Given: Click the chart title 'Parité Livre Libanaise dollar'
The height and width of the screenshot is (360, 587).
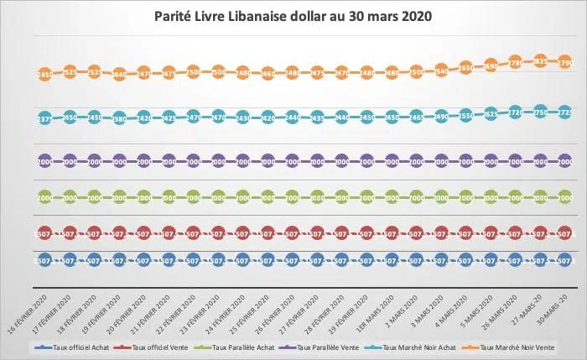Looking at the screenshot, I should click(293, 17).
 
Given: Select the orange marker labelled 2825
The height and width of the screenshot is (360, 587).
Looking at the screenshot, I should click(540, 61).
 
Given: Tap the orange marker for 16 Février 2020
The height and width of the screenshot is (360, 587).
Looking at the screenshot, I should click(44, 75).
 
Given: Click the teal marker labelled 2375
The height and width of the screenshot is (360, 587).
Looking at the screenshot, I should click(44, 119).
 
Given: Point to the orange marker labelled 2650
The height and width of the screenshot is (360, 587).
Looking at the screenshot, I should click(466, 67).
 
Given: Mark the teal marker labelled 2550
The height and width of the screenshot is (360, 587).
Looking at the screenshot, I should click(466, 115).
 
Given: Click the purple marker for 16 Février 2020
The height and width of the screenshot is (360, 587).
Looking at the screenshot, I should click(44, 159).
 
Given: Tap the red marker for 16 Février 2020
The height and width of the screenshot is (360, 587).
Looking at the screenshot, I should click(44, 234).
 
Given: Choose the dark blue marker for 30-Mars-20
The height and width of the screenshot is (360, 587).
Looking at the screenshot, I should click(565, 261).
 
